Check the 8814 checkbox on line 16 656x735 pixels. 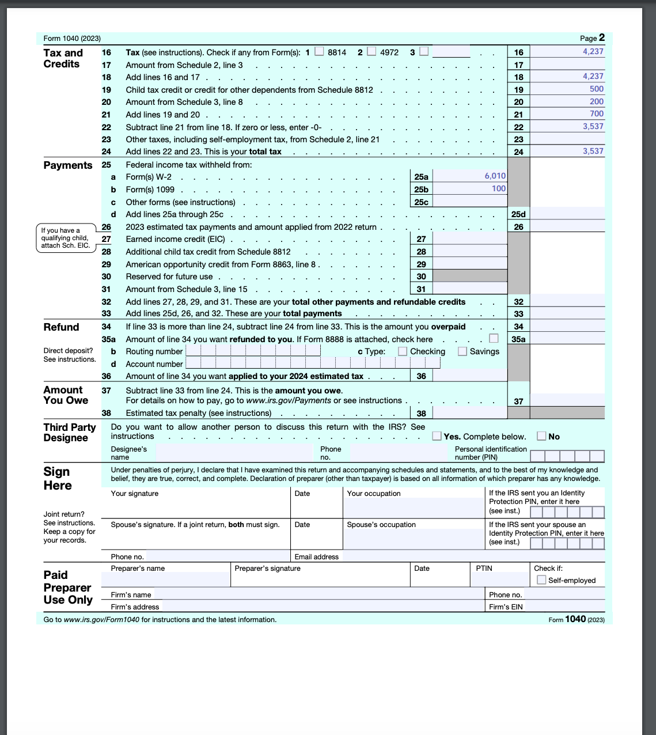[x=319, y=51]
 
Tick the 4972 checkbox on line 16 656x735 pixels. [x=371, y=51]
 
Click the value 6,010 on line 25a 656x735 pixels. [x=495, y=176]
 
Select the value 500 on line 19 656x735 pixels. [x=596, y=89]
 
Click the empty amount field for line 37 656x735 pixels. [x=567, y=400]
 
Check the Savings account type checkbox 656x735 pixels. [x=462, y=351]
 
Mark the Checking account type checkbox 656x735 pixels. [x=403, y=351]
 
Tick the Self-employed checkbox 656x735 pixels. [x=541, y=580]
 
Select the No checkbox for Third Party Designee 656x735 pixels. [x=541, y=436]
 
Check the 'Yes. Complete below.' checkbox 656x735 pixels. [x=437, y=436]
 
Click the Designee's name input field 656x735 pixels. [x=233, y=453]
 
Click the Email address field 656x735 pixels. [x=472, y=556]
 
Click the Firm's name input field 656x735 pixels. [x=320, y=594]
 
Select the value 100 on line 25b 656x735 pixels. [x=498, y=189]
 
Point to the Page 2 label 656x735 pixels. [x=592, y=38]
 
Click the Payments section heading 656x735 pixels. [x=68, y=165]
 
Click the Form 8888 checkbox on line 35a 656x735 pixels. [x=494, y=338]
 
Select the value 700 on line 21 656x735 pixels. [x=596, y=114]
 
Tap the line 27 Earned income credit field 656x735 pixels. [x=469, y=238]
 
